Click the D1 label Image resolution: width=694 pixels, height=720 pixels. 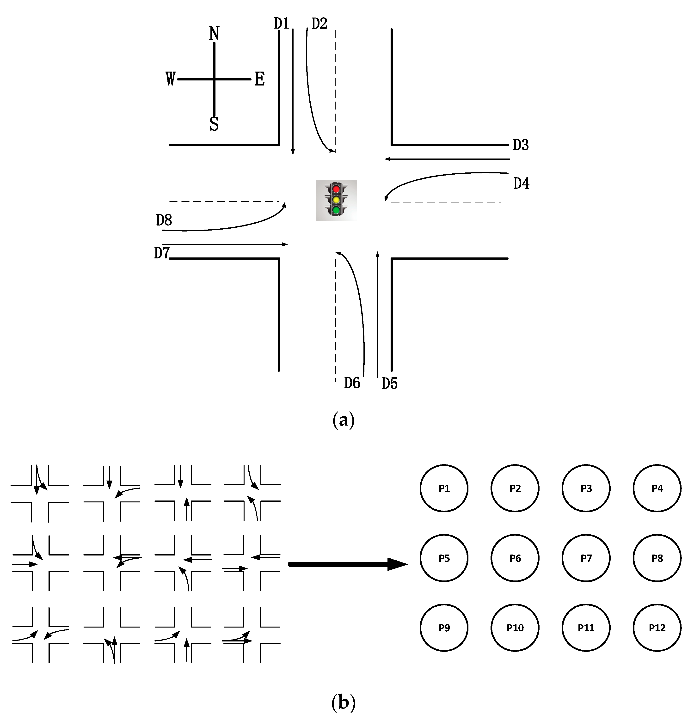pos(282,24)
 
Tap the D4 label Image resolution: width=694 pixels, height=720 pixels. pos(521,183)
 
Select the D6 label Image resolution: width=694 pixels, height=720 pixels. pos(352,383)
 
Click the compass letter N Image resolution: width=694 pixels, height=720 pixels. pos(214,34)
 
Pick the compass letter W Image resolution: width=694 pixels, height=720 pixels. pos(171,79)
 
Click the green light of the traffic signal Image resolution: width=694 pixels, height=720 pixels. pos(336,210)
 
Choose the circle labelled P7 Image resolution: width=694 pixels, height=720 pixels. pos(586,558)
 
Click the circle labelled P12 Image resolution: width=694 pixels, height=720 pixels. pos(657,628)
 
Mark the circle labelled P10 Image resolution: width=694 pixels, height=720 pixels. pos(515,628)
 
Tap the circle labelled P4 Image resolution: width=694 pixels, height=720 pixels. pos(657,488)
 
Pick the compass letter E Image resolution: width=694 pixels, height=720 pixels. pos(260,79)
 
